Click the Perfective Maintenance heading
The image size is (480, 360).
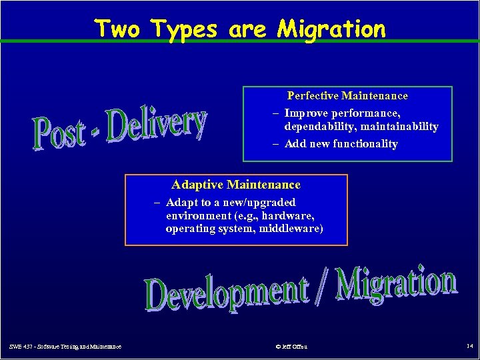click(x=347, y=96)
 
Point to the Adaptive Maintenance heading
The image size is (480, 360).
click(x=236, y=185)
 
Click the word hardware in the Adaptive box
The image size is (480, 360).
click(x=289, y=216)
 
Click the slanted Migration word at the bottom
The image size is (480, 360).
click(x=396, y=284)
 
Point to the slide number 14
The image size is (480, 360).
click(x=469, y=347)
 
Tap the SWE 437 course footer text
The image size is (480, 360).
click(x=65, y=347)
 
